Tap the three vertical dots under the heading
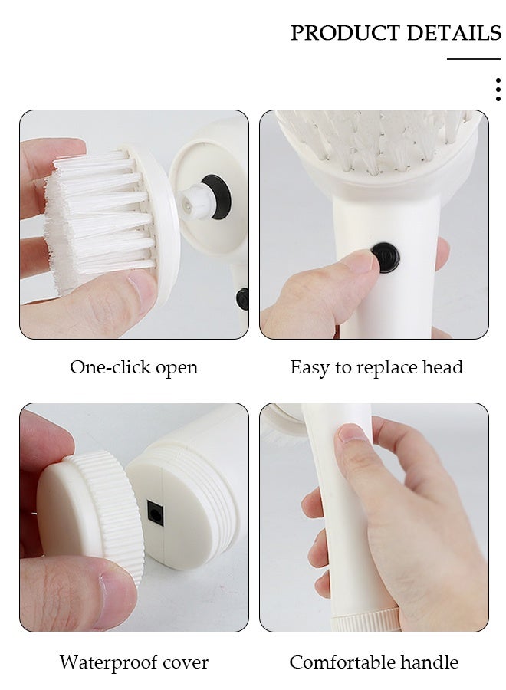click(498, 89)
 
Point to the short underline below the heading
click(474, 58)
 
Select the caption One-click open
click(134, 367)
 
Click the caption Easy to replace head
click(376, 367)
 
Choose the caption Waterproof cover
click(134, 662)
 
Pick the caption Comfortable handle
click(373, 662)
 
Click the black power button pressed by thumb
click(385, 258)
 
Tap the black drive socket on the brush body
click(216, 197)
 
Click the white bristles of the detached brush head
click(92, 219)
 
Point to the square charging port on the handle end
click(156, 513)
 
